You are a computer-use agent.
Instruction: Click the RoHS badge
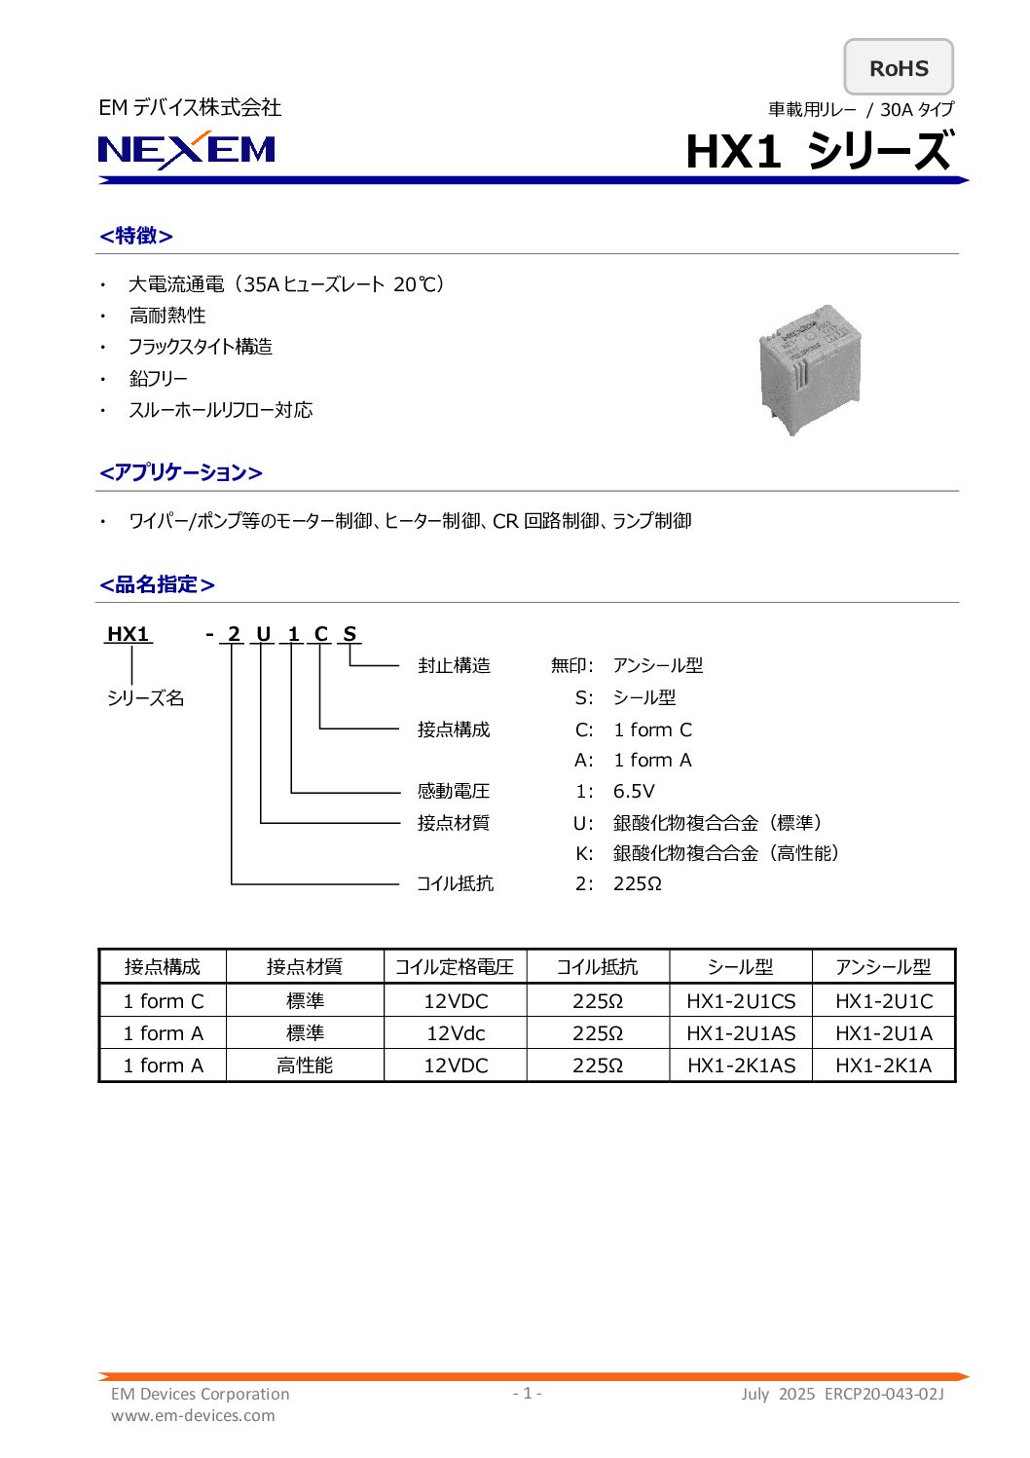[898, 68]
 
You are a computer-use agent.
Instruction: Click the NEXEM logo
[187, 150]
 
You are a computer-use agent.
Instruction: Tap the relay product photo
[810, 369]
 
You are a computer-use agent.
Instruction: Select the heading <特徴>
[136, 236]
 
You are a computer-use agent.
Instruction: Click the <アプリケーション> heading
[181, 472]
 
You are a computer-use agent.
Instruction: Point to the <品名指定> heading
[157, 584]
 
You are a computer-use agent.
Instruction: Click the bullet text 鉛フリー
[159, 379]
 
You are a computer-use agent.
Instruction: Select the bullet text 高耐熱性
[167, 316]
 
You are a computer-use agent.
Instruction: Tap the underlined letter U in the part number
[263, 635]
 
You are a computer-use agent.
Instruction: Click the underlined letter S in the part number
[349, 635]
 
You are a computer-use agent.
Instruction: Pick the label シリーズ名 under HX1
[145, 698]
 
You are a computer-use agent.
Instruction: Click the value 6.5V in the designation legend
[634, 791]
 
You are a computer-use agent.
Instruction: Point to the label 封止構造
[454, 666]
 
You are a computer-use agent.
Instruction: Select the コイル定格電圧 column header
[455, 967]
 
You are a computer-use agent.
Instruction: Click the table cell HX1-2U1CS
[741, 1001]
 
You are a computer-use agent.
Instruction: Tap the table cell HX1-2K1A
[883, 1065]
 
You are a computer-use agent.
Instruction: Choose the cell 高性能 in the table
[305, 1065]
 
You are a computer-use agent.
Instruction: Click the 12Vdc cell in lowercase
[455, 1033]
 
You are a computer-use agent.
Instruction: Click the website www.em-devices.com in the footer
[193, 1415]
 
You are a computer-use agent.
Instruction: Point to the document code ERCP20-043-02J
[884, 1394]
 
